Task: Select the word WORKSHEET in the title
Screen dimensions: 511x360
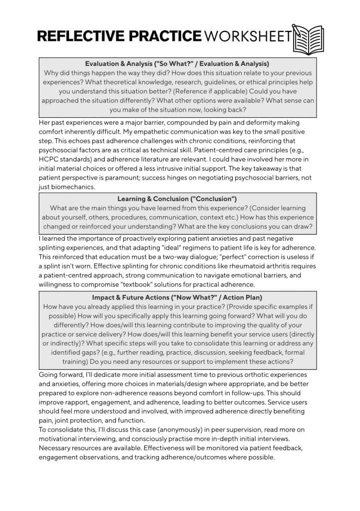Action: click(x=248, y=36)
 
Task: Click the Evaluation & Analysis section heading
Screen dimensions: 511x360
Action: click(x=177, y=64)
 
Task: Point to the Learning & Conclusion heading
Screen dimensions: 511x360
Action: click(x=177, y=199)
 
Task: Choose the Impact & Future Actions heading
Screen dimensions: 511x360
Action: click(x=177, y=297)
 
